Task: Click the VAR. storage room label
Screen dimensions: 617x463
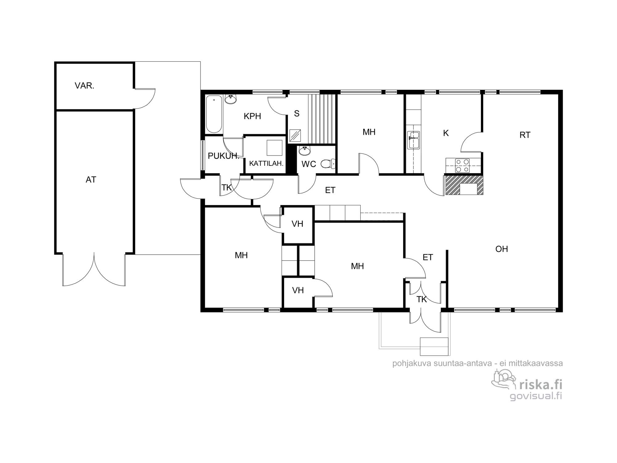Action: (x=84, y=86)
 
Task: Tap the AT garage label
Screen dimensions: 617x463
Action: (x=91, y=180)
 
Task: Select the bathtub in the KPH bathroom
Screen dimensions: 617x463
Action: (x=214, y=114)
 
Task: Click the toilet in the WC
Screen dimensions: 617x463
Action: (x=328, y=164)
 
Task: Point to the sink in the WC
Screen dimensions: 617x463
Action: (x=305, y=151)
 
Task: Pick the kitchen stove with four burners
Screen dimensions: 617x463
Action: (x=462, y=165)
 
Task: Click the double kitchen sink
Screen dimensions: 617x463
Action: (x=413, y=140)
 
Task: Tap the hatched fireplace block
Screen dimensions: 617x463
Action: (x=464, y=185)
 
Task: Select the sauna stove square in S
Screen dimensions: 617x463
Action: (x=296, y=135)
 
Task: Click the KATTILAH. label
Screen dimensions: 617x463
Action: (x=266, y=164)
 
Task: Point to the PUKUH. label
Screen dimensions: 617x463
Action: (x=223, y=156)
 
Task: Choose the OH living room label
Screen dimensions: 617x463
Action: (x=502, y=249)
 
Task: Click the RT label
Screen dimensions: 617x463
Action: (x=525, y=135)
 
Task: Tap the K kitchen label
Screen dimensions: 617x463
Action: (x=446, y=133)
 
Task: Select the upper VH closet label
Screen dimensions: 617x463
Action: (x=297, y=224)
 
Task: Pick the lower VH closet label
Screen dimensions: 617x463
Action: (x=298, y=290)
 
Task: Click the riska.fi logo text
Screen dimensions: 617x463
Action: (x=541, y=385)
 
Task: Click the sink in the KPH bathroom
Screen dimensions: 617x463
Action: (x=230, y=99)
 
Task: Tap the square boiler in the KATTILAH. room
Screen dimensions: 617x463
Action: (x=275, y=148)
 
